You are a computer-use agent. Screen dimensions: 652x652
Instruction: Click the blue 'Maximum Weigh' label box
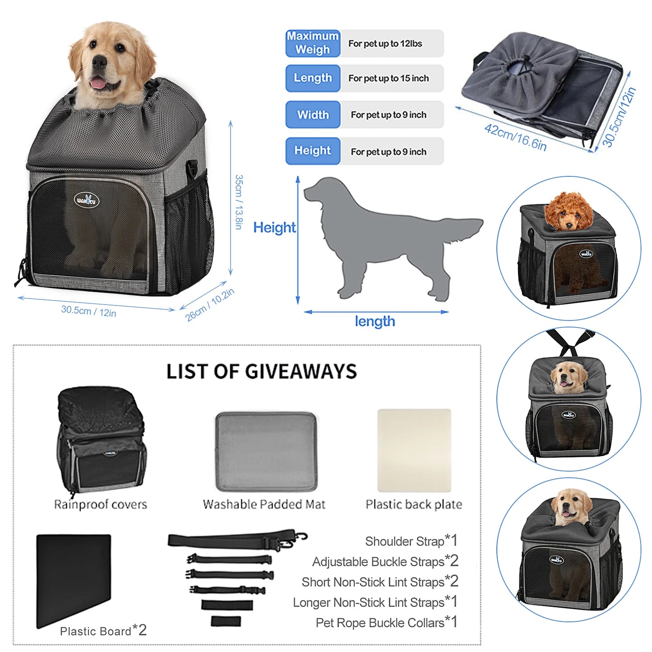tap(313, 43)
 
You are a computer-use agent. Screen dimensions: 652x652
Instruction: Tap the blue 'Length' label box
tap(313, 78)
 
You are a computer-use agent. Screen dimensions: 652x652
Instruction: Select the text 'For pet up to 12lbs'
tap(385, 44)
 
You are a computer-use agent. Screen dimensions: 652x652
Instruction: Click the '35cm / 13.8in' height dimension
tap(239, 202)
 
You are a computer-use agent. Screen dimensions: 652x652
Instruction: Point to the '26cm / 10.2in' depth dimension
tap(210, 305)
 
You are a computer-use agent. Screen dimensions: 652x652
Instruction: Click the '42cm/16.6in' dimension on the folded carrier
tap(515, 137)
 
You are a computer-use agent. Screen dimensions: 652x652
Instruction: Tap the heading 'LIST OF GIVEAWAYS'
tap(262, 371)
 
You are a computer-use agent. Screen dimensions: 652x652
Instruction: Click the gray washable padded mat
tap(266, 451)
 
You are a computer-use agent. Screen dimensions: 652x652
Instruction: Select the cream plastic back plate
tap(414, 450)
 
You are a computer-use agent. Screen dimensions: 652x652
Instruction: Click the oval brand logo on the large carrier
tap(87, 200)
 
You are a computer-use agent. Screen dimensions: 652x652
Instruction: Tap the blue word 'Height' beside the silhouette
tap(274, 227)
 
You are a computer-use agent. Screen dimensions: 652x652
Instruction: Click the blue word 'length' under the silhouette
tap(375, 321)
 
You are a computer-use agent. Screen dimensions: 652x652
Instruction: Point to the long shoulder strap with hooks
tap(237, 539)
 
